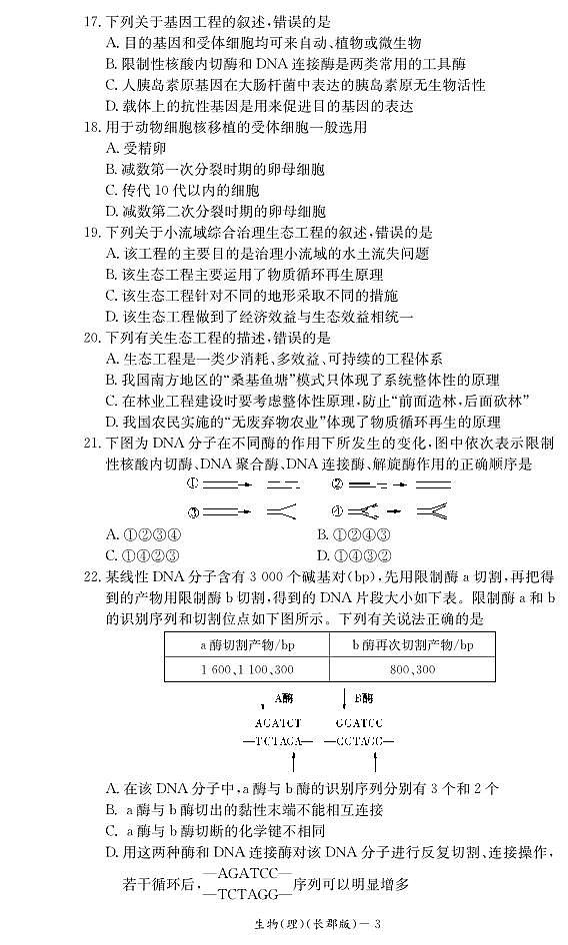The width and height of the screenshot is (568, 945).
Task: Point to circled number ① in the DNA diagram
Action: point(194,483)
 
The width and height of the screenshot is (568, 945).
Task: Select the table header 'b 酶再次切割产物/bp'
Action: point(411,645)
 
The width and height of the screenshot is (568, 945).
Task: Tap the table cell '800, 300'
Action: point(411,669)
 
